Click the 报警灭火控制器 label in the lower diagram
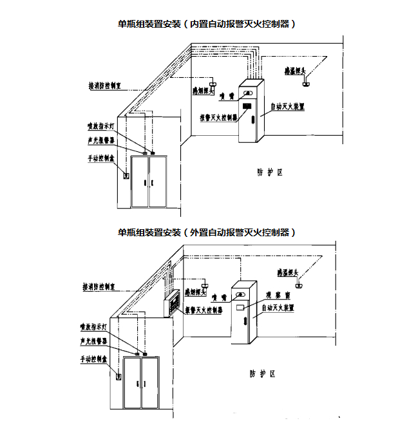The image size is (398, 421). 204,310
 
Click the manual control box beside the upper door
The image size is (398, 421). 126,174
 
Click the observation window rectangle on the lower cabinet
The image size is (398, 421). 241,309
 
